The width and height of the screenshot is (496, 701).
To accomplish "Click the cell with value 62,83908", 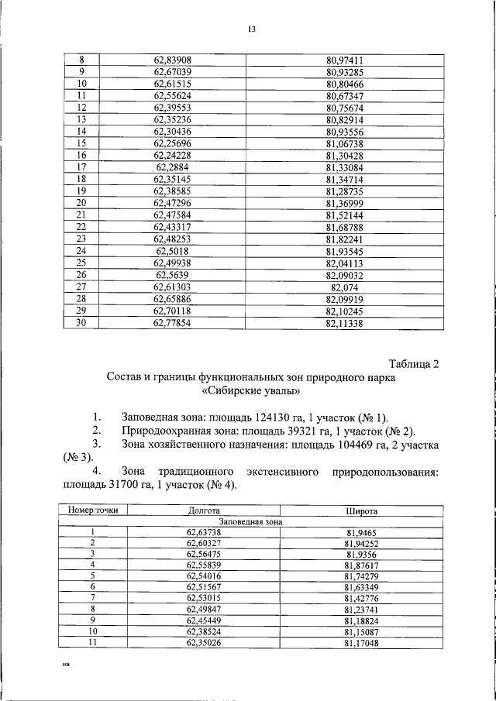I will click(x=172, y=59).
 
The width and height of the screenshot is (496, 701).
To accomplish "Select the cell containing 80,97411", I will click(x=346, y=59).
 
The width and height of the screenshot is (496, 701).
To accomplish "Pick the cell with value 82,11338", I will click(x=346, y=324).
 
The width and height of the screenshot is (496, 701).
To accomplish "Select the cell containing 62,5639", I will click(x=172, y=275).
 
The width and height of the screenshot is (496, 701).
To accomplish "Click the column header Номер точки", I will click(x=94, y=511).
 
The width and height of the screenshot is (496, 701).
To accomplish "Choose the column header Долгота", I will click(x=204, y=511).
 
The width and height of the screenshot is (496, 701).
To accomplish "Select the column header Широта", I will click(x=360, y=511).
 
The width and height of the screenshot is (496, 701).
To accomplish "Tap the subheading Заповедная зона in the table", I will click(x=251, y=521).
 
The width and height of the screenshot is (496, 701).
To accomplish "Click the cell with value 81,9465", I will click(x=360, y=532).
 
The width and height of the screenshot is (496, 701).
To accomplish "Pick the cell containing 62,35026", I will click(x=204, y=641).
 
